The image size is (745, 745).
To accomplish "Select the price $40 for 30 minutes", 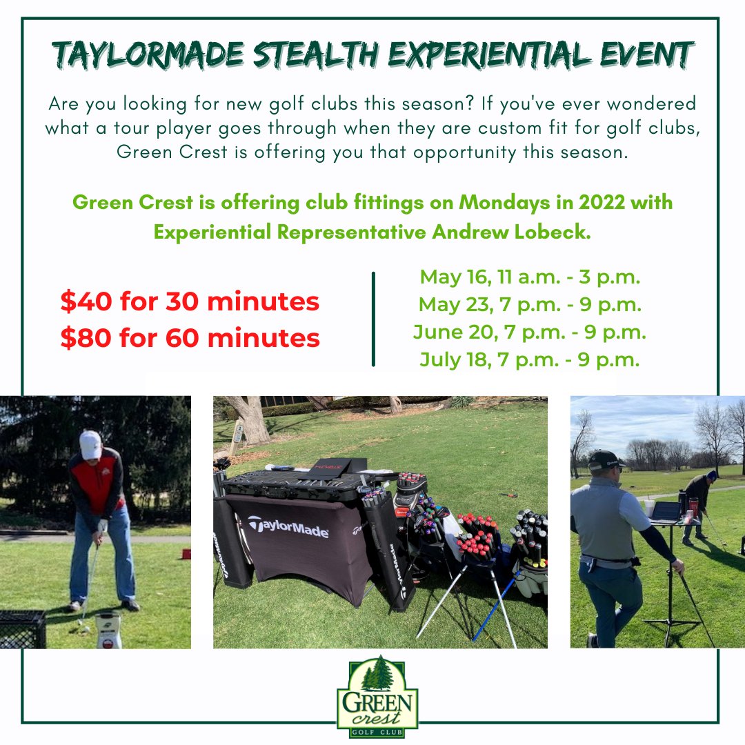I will tap(190, 301).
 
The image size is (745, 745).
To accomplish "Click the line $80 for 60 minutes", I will tap(190, 338).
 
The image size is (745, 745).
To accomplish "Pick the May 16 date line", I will tap(530, 278).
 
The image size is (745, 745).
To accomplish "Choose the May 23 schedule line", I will tap(530, 305).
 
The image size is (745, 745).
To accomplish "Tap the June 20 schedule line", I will tap(530, 332).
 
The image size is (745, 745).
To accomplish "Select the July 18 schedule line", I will tap(530, 359).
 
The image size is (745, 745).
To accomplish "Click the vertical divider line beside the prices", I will tap(373, 319).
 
